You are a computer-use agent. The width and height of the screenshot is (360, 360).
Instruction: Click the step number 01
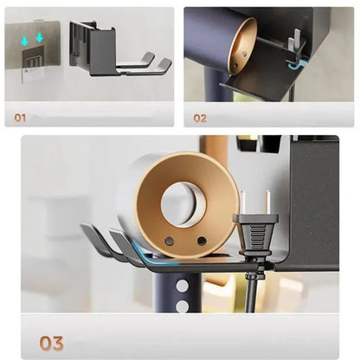(20, 118)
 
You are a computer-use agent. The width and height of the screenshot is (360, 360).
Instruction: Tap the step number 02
(200, 119)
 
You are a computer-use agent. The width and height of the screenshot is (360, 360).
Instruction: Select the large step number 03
(51, 344)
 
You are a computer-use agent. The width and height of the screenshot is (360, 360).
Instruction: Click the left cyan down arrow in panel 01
(25, 42)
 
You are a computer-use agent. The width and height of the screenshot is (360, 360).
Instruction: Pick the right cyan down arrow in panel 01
(39, 37)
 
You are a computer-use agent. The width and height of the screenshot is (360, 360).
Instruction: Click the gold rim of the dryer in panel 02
(237, 43)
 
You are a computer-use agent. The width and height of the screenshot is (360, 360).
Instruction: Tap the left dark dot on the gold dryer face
(169, 240)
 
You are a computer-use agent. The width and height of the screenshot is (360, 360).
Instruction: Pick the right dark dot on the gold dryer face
(202, 241)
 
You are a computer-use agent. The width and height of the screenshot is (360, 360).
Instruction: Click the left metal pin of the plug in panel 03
(243, 202)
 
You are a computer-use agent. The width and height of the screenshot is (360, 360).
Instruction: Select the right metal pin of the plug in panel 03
(268, 202)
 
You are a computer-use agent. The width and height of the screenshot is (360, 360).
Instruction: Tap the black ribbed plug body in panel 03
(255, 236)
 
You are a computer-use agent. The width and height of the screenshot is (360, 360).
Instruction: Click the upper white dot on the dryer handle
(183, 286)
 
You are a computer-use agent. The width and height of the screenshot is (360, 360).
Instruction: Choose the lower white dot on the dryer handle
(183, 306)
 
